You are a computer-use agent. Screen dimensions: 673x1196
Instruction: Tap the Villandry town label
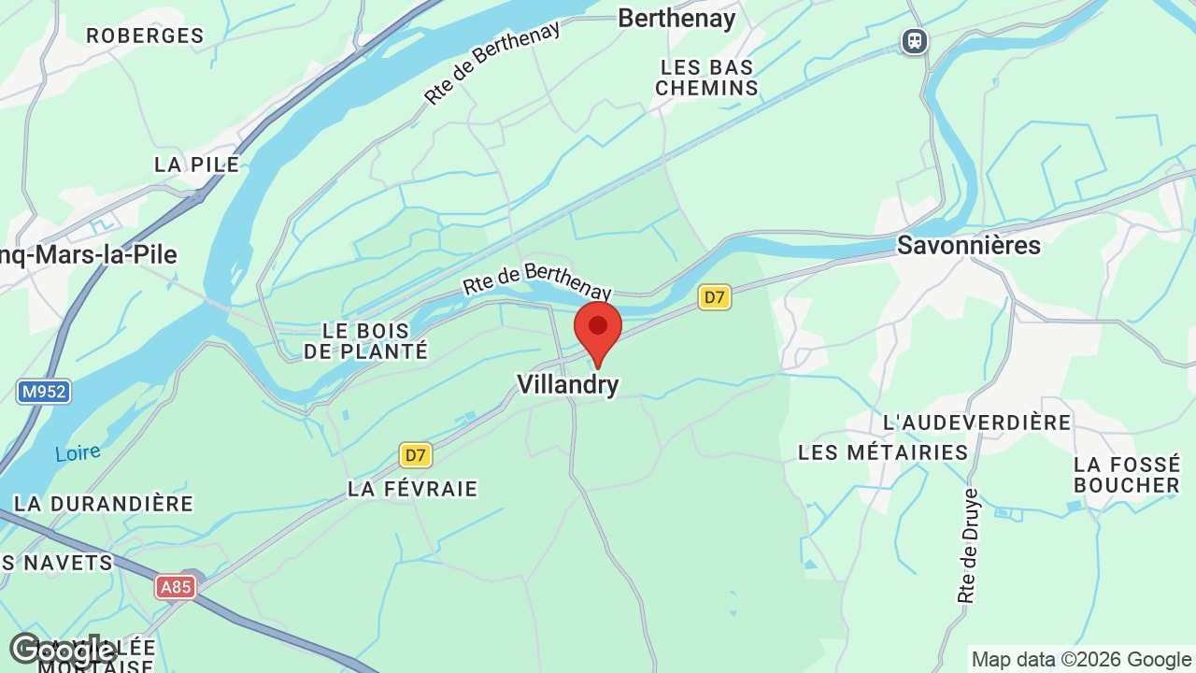[x=568, y=384]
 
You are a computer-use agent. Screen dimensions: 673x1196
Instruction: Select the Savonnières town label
[x=968, y=245]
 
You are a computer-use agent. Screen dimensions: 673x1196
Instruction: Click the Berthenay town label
[x=676, y=18]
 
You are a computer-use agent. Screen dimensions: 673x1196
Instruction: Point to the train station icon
[x=914, y=41]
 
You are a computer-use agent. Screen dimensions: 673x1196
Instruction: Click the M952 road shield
[x=44, y=391]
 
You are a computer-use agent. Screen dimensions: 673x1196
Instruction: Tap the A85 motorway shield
[x=176, y=587]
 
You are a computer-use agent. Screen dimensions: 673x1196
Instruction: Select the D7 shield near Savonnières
[x=714, y=297]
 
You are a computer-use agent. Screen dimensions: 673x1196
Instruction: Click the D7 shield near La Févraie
[x=416, y=455]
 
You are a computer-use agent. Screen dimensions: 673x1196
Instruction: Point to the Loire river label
[x=78, y=453]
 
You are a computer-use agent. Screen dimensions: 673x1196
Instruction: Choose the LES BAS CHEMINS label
[x=706, y=78]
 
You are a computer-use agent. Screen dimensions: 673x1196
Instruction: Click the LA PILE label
[x=196, y=165]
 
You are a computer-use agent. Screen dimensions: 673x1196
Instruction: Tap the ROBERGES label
[x=145, y=36]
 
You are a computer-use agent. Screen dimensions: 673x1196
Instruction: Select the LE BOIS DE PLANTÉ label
[x=365, y=341]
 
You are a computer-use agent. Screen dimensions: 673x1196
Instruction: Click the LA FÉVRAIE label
[x=412, y=489]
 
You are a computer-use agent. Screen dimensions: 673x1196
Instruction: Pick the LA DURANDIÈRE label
[x=103, y=504]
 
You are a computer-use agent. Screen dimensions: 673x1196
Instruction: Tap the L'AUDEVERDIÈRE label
[x=976, y=422]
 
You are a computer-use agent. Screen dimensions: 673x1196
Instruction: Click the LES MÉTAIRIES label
[x=883, y=452]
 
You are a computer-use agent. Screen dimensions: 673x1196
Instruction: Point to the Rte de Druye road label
[x=968, y=546]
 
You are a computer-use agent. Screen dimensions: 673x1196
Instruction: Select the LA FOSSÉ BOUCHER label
[x=1127, y=475]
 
